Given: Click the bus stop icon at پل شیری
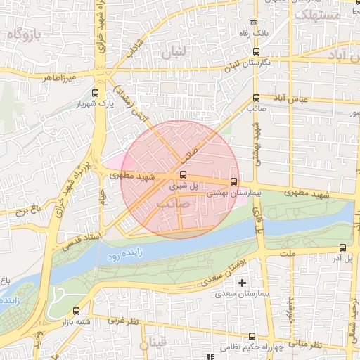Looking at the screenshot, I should pyautogui.click(x=184, y=174).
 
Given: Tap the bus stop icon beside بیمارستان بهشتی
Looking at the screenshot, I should pyautogui.click(x=234, y=181).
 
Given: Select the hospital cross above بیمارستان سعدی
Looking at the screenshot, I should pyautogui.click(x=243, y=283).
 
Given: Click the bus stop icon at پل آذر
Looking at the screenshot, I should pyautogui.click(x=343, y=247).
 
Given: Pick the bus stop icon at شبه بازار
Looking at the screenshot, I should pyautogui.click(x=76, y=311).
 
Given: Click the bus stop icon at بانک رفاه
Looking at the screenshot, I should pyautogui.click(x=254, y=20).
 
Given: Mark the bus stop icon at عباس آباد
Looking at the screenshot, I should pyautogui.click(x=255, y=98).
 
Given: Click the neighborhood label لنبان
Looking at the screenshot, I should pyautogui.click(x=175, y=53).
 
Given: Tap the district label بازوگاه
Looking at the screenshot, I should pyautogui.click(x=27, y=33).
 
